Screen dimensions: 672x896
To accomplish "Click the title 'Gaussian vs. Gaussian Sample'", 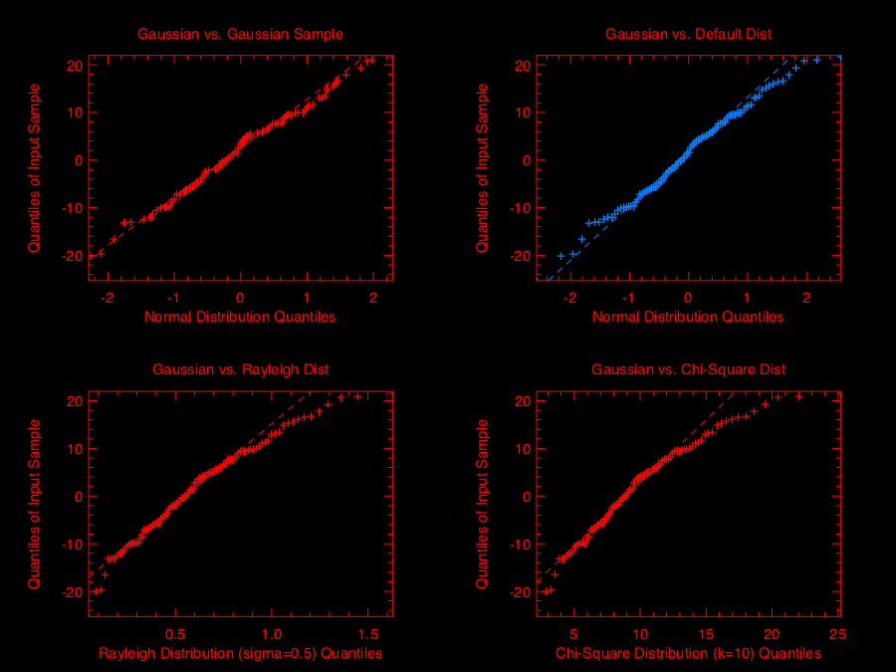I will pos(240,34).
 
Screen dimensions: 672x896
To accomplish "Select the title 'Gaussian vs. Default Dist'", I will pos(688,34).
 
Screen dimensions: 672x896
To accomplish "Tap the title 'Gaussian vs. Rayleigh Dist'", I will pos(240,369).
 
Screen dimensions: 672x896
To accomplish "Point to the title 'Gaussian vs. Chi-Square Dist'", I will pos(688,369).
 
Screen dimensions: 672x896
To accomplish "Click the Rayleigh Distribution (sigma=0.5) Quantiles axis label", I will pos(240,653).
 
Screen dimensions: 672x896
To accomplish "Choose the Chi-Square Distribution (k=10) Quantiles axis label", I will pos(688,653).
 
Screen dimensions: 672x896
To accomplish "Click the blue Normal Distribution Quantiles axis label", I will pos(688,317).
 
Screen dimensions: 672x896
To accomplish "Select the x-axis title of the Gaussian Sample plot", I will pos(240,317).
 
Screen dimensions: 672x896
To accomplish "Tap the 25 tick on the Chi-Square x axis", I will pos(836,633).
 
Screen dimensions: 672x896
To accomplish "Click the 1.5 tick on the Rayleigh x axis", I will pos(368,633).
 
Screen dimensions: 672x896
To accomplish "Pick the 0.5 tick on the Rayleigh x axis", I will pos(175,633).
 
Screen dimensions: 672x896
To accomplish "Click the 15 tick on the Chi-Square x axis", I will pos(705,633).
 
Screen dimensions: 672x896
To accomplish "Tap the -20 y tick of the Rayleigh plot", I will pos(69,591).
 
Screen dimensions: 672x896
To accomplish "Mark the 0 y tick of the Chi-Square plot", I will pos(525,496).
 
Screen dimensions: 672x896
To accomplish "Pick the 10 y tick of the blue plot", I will pos(521,112).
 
